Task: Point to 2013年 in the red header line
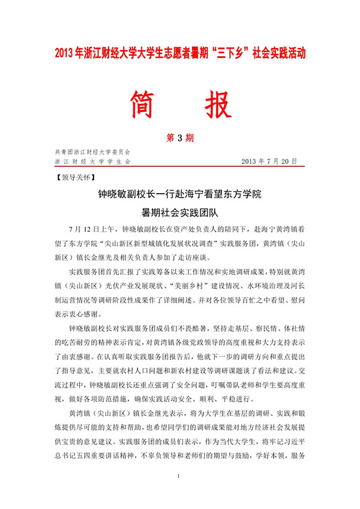pos(68,53)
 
